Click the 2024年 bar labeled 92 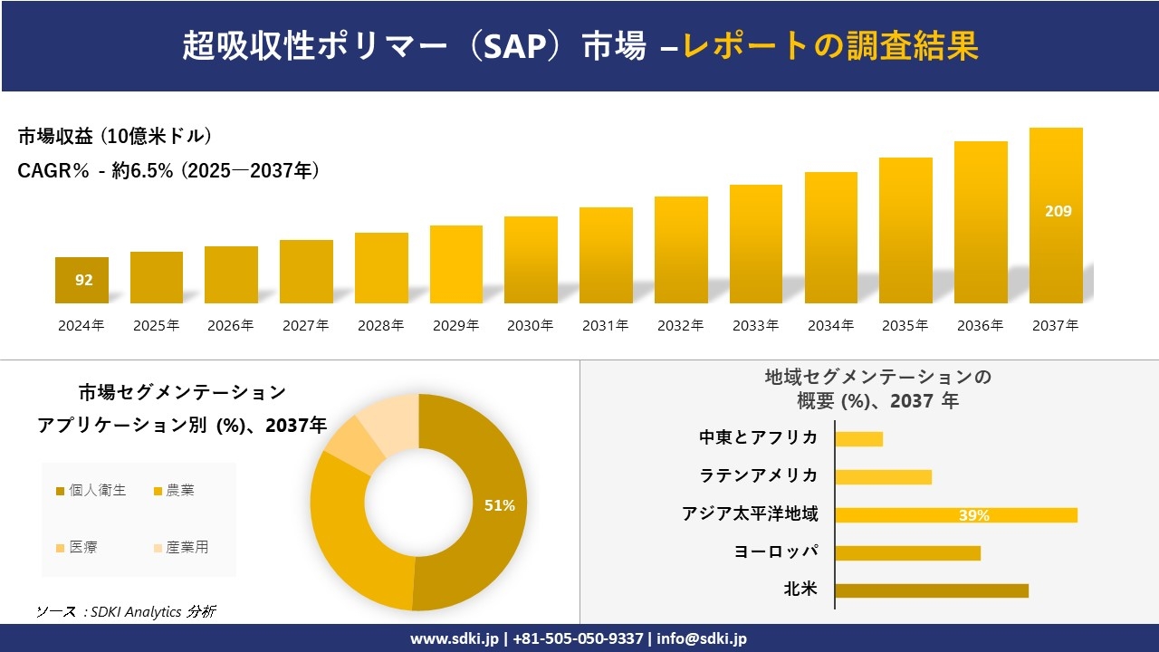pyautogui.click(x=81, y=280)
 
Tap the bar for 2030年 pyautogui.click(x=531, y=260)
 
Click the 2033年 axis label pyautogui.click(x=755, y=326)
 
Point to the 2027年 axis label pyautogui.click(x=305, y=326)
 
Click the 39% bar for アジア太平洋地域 pyautogui.click(x=955, y=515)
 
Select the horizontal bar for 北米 pyautogui.click(x=931, y=590)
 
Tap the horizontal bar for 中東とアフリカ pyautogui.click(x=858, y=439)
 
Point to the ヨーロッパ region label pyautogui.click(x=775, y=551)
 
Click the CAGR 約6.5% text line pyautogui.click(x=168, y=171)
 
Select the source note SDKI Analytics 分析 pyautogui.click(x=126, y=612)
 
